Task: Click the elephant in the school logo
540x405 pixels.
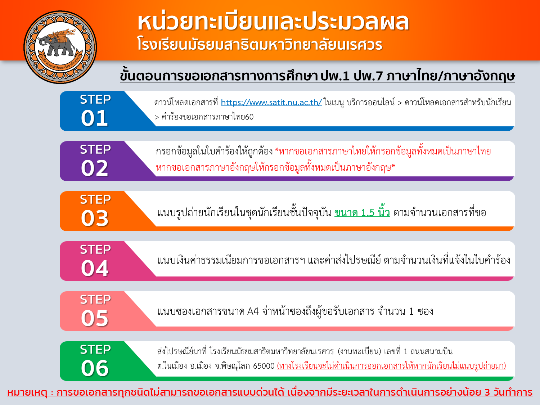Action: pos(58,44)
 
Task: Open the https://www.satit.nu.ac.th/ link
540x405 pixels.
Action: pos(271,103)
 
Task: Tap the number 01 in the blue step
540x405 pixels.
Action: pos(94,118)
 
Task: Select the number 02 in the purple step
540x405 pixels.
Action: pos(94,168)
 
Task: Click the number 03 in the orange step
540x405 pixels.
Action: pos(95,218)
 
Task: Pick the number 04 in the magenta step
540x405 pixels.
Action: pos(95,268)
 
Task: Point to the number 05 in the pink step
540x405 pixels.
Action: pos(95,318)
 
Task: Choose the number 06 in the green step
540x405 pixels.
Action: pos(95,368)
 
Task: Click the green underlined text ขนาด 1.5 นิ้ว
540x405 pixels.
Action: pos(362,212)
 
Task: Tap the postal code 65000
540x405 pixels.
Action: pos(264,366)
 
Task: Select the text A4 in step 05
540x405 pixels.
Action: pos(253,311)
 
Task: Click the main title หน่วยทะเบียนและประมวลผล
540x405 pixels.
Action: pos(273,23)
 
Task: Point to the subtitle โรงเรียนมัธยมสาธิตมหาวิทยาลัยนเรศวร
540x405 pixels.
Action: pos(260,45)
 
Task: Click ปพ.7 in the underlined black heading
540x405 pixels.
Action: pos(368,76)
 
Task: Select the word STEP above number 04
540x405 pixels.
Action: pos(95,249)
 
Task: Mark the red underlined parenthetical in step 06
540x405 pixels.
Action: pos(391,366)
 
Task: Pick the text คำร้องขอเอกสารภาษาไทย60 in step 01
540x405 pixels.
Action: pos(208,117)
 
